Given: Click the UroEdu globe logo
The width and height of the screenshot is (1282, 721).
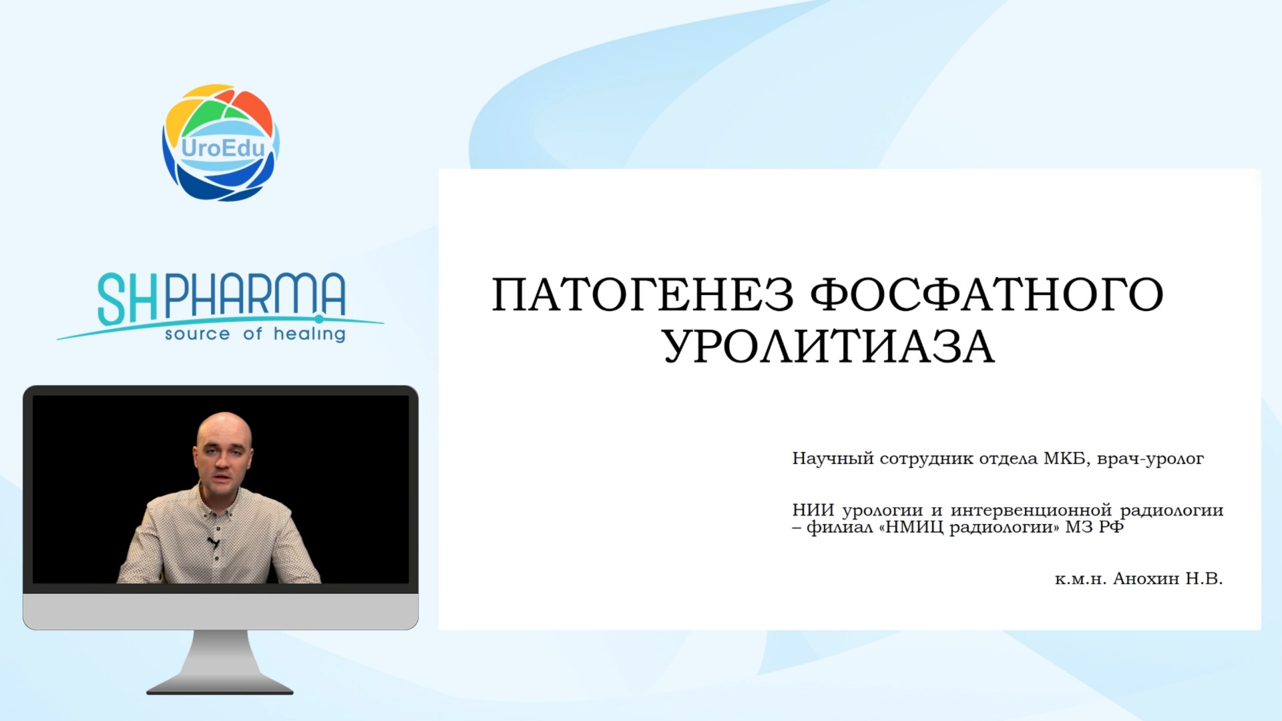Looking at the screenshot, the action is click(220, 142).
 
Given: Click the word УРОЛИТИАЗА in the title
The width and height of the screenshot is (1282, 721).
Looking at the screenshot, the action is click(829, 346).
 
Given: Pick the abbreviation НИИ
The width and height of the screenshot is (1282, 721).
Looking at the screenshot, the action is click(813, 510).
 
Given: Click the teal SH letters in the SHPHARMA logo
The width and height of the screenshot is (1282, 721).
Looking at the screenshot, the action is click(128, 299).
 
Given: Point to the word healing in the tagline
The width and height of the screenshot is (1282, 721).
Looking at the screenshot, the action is click(310, 334).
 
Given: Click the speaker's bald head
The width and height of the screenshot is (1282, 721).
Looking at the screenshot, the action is click(224, 434).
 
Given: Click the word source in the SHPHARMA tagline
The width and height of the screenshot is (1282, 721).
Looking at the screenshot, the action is click(198, 334).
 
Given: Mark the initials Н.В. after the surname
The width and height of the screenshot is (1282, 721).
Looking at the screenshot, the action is click(1204, 578).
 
